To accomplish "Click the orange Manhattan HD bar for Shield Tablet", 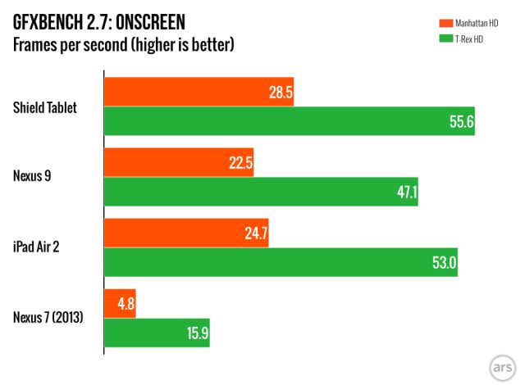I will tap(199, 93).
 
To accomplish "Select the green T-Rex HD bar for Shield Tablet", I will tap(290, 120).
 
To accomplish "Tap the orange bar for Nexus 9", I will tap(179, 163).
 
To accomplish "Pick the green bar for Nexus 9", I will tap(261, 191).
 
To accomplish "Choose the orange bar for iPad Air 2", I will tap(186, 233).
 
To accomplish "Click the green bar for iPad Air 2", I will tap(281, 262).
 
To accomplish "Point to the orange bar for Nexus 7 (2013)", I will tap(120, 304).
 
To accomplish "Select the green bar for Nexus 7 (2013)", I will tap(157, 333).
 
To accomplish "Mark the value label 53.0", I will tap(443, 263).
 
